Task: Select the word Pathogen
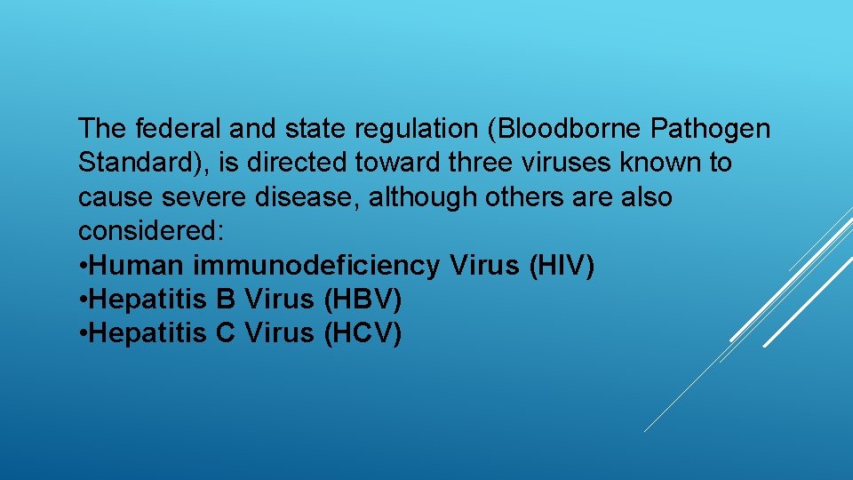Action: (x=711, y=130)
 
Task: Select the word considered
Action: (x=151, y=231)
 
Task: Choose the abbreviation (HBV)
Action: (x=363, y=300)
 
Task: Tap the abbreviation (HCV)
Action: (x=364, y=333)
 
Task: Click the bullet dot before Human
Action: (x=83, y=266)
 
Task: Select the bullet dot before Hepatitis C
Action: (x=83, y=333)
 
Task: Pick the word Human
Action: (x=136, y=266)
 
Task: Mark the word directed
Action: (x=340, y=164)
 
